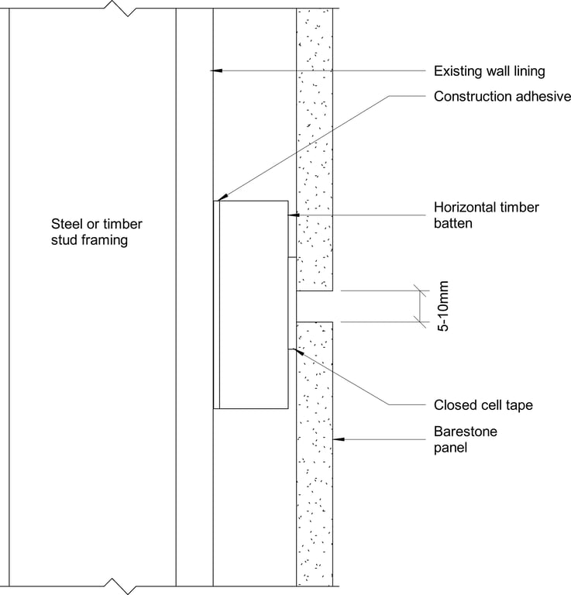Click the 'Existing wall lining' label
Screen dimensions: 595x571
[489, 71]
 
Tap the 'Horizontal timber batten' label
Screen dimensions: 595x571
[486, 215]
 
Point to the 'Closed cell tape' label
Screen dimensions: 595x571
[483, 404]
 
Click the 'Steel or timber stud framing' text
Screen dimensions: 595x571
[96, 232]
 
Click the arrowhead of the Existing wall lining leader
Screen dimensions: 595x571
[216, 71]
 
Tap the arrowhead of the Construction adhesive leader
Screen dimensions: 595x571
[222, 198]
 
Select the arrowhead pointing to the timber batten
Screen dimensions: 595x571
[292, 215]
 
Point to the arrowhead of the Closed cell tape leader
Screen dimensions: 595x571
[293, 351]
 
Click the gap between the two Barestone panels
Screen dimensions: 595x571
[314, 307]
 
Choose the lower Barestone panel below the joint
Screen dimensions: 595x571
[315, 457]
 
